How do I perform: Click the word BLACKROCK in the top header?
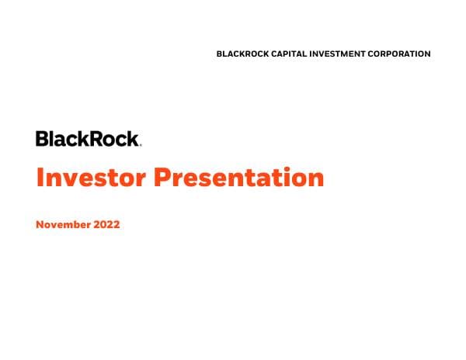pos(242,54)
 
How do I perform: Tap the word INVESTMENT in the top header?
pos(343,54)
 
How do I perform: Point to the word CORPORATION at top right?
pos(402,54)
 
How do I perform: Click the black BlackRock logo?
pos(88,139)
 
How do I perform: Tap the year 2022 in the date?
pos(108,226)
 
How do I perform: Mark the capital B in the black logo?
pos(42,139)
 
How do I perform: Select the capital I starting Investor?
pos(40,178)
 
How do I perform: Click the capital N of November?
pos(40,226)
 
